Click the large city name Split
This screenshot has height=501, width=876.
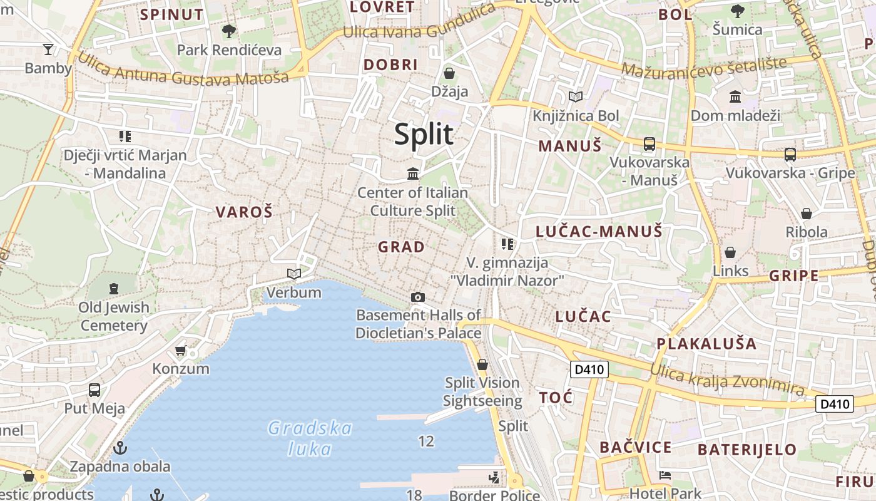[x=424, y=134]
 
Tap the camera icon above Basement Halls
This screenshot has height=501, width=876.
[x=418, y=297]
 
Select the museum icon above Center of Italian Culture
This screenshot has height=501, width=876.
[x=413, y=173]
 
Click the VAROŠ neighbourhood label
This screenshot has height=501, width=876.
[x=244, y=212]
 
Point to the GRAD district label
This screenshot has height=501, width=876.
[x=401, y=247]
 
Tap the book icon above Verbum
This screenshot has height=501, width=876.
[x=293, y=274]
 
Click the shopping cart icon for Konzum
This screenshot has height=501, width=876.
[x=181, y=350]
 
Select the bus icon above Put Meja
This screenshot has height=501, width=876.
[x=94, y=390]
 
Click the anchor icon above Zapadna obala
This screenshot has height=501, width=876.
[x=120, y=448]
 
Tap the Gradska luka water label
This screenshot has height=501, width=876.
[x=310, y=438]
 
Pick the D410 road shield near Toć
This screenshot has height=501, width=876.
[x=589, y=369]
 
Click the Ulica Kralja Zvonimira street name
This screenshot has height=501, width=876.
[x=726, y=378]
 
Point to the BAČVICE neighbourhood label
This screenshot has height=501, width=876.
[x=635, y=447]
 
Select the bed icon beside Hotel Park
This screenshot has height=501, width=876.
[x=665, y=475]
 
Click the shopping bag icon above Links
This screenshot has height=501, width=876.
[x=730, y=252]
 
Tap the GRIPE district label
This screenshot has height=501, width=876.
[x=793, y=276]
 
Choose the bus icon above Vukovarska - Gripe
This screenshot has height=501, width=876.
[x=790, y=154]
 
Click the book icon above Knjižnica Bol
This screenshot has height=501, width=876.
[x=575, y=97]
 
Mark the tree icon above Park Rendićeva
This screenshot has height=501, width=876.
[x=229, y=30]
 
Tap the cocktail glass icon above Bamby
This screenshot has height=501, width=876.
[x=48, y=49]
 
